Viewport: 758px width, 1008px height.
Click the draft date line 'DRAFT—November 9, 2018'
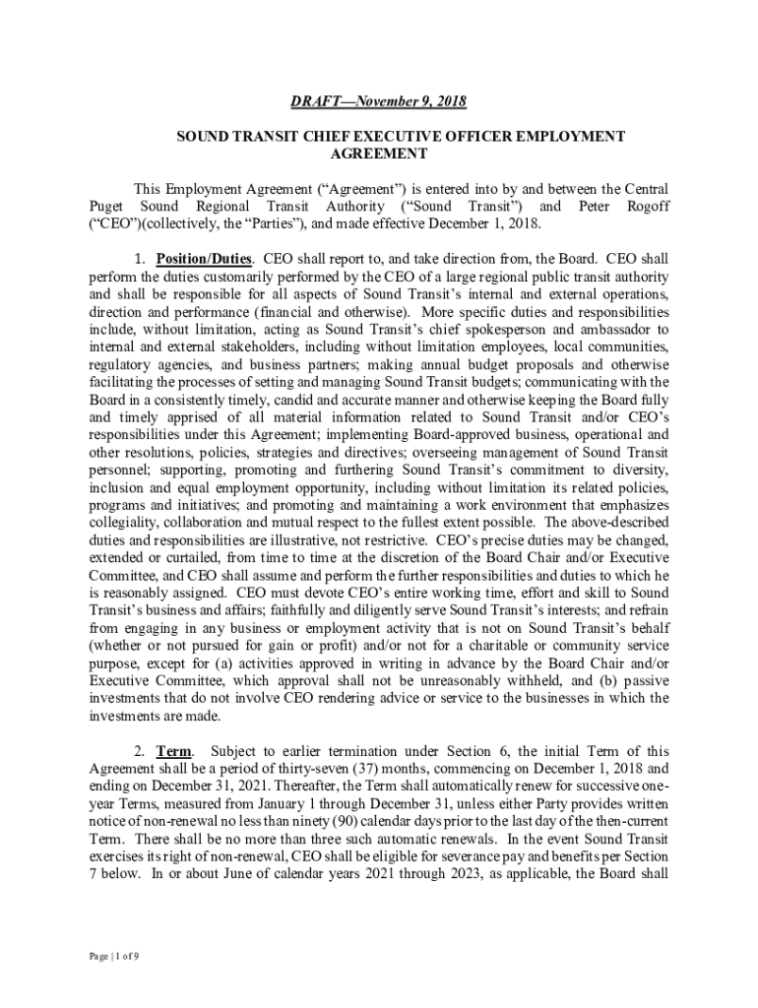(x=378, y=101)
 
